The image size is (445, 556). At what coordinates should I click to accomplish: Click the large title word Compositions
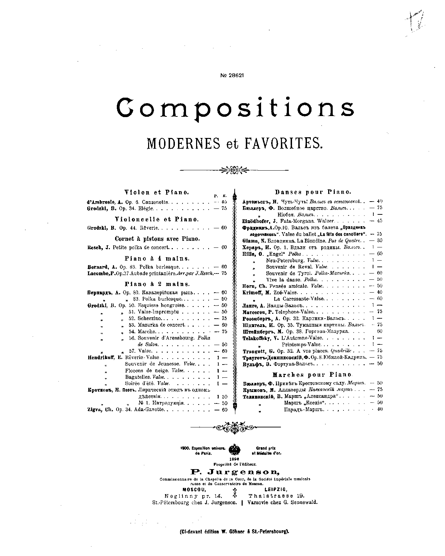(235, 108)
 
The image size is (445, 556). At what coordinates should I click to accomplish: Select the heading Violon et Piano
(157, 192)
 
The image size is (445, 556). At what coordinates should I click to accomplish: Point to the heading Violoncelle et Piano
(157, 219)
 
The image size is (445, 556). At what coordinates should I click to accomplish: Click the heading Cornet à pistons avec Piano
(157, 239)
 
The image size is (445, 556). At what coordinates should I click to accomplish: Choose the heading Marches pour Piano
(312, 375)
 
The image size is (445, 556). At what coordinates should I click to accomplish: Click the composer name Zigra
(94, 410)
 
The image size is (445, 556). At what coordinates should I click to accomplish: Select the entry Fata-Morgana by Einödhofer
(280, 221)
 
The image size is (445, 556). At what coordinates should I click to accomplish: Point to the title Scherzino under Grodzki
(149, 318)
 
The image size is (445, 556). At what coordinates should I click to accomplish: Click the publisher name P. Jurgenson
(235, 472)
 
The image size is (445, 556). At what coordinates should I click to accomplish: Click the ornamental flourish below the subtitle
(235, 170)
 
